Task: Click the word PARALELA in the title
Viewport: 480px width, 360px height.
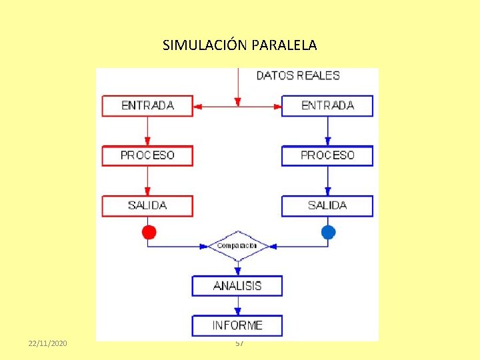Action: click(285, 45)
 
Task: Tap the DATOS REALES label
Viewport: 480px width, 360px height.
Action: click(298, 75)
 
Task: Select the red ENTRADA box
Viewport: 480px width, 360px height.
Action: click(147, 105)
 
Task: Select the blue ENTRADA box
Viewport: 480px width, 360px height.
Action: click(327, 105)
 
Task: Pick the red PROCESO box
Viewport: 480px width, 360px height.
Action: click(147, 155)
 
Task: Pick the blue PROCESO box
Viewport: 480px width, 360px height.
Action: click(327, 155)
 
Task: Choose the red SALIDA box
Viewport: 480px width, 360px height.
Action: click(147, 205)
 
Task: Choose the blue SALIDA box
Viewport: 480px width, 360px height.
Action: click(327, 205)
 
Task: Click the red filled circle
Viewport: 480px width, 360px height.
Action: click(149, 232)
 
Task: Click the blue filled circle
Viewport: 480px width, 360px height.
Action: click(328, 232)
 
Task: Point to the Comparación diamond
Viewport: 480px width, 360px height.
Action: click(237, 246)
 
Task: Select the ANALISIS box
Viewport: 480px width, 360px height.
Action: click(237, 285)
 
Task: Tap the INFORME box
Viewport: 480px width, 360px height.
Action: click(237, 325)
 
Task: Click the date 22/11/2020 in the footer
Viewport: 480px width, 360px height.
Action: click(48, 343)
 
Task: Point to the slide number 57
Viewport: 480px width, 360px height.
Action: click(239, 343)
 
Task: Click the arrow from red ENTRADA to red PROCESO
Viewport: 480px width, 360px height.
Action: click(147, 131)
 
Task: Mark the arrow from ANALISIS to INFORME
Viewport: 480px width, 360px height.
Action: click(238, 305)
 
